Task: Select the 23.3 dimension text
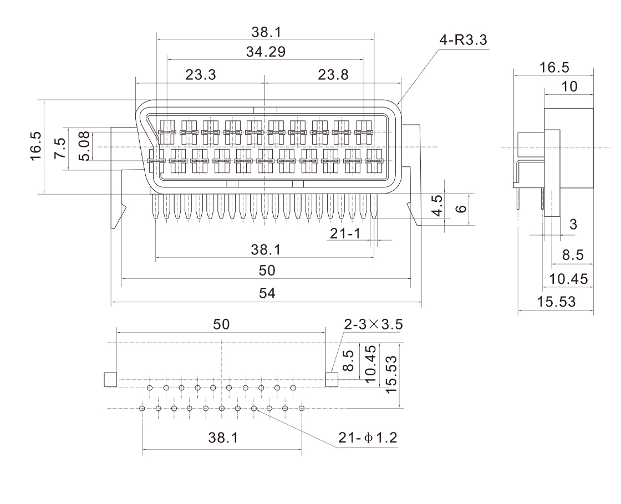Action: click(x=201, y=75)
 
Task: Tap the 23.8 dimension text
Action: click(x=333, y=75)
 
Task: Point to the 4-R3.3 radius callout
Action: click(x=464, y=41)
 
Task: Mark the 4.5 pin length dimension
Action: click(x=438, y=206)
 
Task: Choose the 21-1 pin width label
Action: click(x=345, y=233)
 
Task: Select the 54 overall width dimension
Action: click(x=267, y=293)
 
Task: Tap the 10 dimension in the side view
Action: click(x=569, y=86)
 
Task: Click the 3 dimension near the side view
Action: click(x=573, y=225)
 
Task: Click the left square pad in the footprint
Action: click(x=110, y=380)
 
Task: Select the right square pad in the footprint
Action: click(x=332, y=380)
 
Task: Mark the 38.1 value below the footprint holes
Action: click(x=223, y=438)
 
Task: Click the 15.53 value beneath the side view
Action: click(x=556, y=302)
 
